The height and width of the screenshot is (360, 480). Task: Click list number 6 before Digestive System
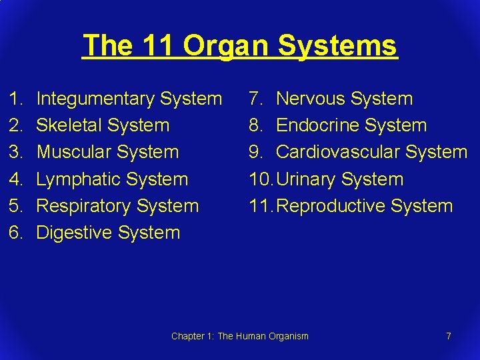coord(13,233)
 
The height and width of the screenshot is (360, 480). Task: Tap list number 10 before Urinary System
coord(259,179)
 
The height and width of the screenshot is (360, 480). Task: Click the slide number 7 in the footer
coord(449,336)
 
